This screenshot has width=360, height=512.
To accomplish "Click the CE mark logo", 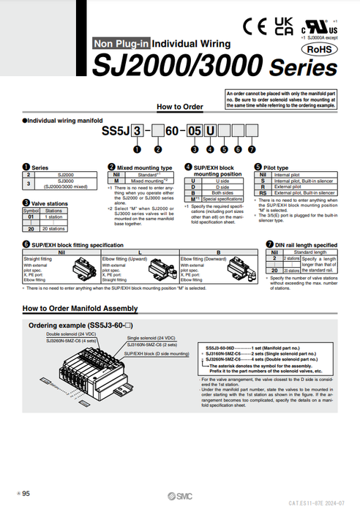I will coord(257,26).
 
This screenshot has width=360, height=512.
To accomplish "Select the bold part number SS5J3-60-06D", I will coord(220,348).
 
